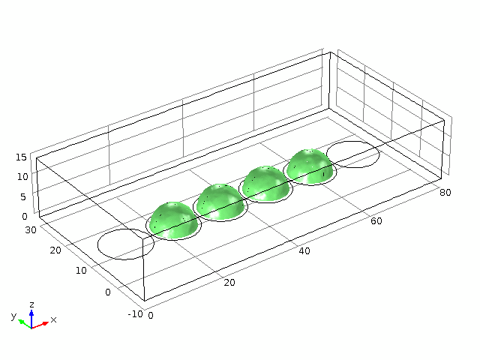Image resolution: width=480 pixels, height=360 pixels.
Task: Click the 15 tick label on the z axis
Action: tap(22, 157)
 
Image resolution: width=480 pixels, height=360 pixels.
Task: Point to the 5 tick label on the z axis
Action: tap(23, 196)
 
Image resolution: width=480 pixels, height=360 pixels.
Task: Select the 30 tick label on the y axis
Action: tap(31, 229)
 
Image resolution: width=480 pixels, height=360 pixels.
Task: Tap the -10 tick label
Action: tap(135, 313)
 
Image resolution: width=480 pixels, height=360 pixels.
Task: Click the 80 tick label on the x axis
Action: tap(445, 192)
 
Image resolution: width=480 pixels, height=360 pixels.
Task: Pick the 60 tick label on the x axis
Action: tap(376, 221)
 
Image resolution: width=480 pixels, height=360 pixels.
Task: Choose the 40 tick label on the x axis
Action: tap(304, 251)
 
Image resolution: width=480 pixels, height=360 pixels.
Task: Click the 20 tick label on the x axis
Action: tap(229, 282)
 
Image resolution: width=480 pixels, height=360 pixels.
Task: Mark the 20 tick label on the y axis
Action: tap(55, 250)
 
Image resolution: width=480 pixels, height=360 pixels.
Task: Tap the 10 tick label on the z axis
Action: tap(22, 177)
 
